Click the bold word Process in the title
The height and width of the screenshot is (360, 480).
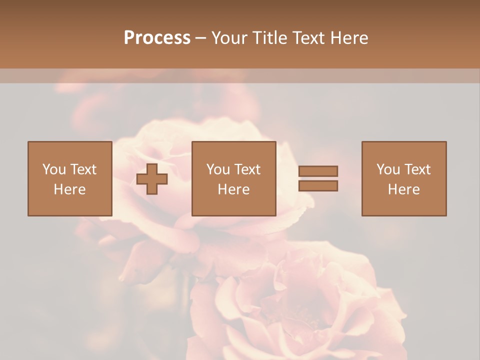tap(157, 37)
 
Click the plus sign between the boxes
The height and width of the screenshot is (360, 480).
tap(152, 179)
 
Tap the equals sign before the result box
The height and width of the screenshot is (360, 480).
tap(318, 178)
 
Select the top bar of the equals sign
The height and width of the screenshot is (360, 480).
tap(318, 171)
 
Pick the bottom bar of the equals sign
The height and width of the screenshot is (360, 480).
tap(318, 185)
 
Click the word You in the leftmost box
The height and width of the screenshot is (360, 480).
tap(54, 169)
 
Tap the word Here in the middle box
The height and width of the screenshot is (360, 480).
tap(233, 189)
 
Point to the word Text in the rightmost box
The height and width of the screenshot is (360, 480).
tap(417, 169)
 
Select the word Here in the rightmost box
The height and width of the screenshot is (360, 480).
tap(404, 189)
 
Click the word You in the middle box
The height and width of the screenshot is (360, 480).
tap(218, 169)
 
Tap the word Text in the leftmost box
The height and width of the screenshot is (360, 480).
tap(83, 169)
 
